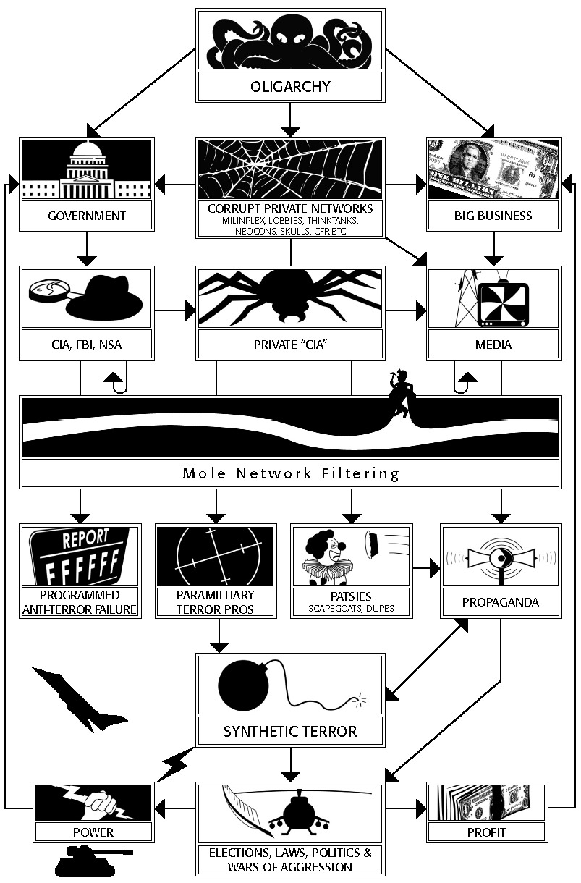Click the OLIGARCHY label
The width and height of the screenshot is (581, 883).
[289, 87]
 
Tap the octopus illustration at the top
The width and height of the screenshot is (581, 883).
[289, 40]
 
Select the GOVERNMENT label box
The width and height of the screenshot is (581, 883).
[87, 216]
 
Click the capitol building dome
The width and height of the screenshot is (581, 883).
[88, 154]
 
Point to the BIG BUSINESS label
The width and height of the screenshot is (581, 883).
[493, 216]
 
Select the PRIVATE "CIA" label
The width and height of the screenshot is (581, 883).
[289, 345]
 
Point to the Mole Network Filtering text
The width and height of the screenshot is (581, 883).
[291, 474]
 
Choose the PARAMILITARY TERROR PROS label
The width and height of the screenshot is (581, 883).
[216, 601]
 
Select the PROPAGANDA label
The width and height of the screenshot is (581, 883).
[501, 602]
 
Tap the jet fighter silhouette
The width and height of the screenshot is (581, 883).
[72, 698]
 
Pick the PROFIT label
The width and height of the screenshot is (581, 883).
[486, 832]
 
